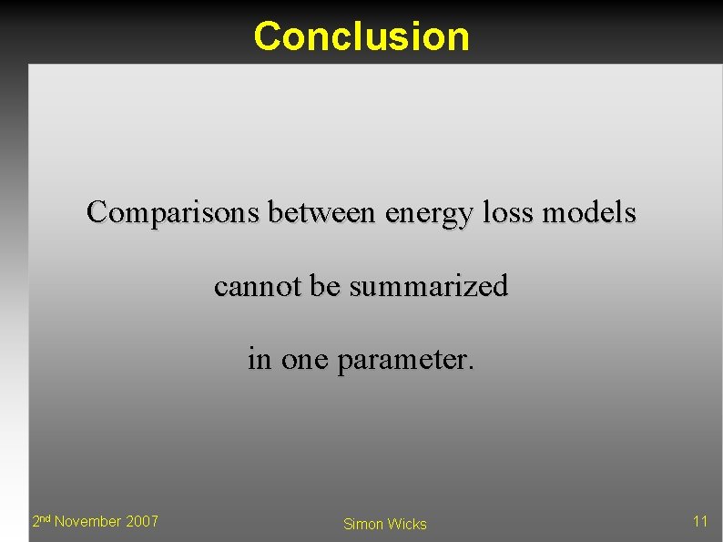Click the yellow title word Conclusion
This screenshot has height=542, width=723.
(361, 36)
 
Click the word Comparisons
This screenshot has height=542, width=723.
(174, 214)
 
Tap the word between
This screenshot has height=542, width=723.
(322, 213)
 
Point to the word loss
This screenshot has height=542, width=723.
(504, 213)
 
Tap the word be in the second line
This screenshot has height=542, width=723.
(325, 286)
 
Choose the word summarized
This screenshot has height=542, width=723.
(429, 287)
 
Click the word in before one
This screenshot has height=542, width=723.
(260, 359)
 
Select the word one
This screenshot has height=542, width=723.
(305, 361)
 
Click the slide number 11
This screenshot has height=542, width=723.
(700, 521)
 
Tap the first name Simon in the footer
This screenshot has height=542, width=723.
(363, 524)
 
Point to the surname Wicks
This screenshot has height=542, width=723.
(406, 524)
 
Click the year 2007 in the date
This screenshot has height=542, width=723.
(142, 521)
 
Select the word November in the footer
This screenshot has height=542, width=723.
(88, 521)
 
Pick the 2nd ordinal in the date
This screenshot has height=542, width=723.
(41, 521)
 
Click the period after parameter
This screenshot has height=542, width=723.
(471, 366)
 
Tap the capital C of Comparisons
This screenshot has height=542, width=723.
(97, 214)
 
